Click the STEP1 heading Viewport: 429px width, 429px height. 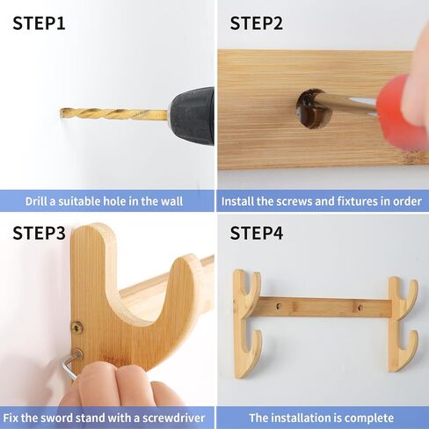coord(39,24)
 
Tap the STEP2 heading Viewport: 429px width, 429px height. coord(257,24)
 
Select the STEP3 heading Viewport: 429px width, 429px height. coord(39,233)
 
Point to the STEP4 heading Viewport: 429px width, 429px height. coord(257,233)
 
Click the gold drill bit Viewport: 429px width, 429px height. coord(113,114)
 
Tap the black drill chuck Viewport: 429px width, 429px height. coord(192,116)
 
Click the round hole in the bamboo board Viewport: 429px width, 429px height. coord(314,109)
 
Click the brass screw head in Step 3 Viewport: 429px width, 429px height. coord(77,327)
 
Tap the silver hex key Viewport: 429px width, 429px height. coord(71,366)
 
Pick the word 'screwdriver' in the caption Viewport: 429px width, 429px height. coord(174,418)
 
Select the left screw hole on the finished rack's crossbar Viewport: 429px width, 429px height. coord(279,307)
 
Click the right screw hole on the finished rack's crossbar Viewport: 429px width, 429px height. coord(360,308)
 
